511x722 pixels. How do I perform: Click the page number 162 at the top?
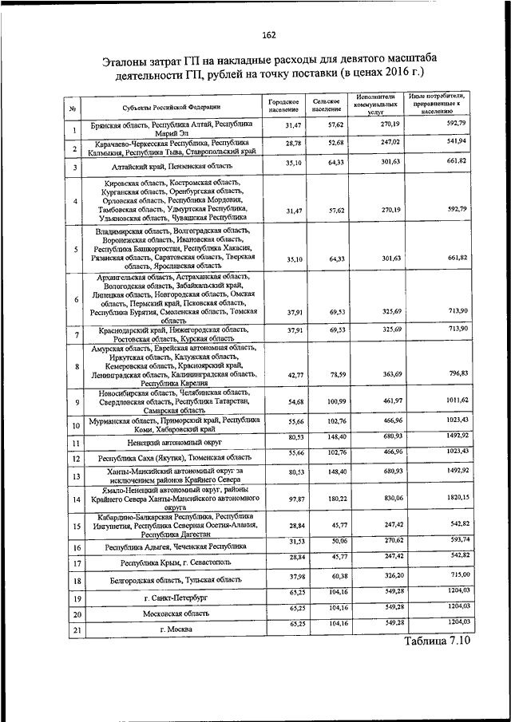pyautogui.click(x=268, y=34)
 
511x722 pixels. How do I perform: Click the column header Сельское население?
pyautogui.click(x=327, y=105)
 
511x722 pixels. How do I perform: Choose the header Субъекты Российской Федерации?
pyautogui.click(x=171, y=106)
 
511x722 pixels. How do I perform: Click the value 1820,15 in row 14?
pyautogui.click(x=451, y=495)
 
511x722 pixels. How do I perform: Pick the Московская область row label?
pyautogui.click(x=172, y=614)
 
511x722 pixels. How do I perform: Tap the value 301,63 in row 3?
pyautogui.click(x=378, y=162)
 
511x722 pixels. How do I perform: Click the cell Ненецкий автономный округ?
pyautogui.click(x=172, y=442)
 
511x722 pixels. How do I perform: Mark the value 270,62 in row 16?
pyautogui.click(x=379, y=540)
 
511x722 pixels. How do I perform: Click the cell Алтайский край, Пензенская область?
pyautogui.click(x=172, y=167)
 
